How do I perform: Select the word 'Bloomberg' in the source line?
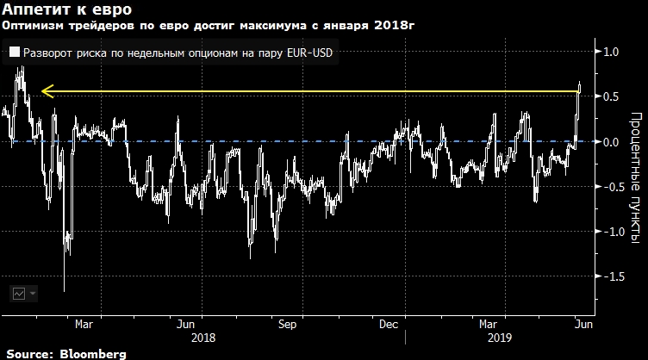pyautogui.click(x=92, y=353)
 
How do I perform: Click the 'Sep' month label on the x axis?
pyautogui.click(x=287, y=325)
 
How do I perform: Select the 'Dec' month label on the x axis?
pyautogui.click(x=389, y=325)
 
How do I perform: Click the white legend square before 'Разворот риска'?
pyautogui.click(x=15, y=53)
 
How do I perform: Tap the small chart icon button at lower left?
pyautogui.click(x=19, y=293)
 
